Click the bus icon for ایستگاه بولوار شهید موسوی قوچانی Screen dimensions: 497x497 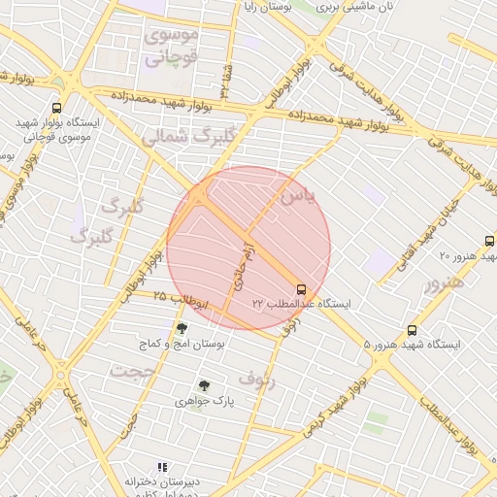tap(56, 109)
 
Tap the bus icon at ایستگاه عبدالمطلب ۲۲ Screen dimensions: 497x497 tap(301, 289)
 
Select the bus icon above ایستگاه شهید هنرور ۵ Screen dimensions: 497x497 tap(413, 330)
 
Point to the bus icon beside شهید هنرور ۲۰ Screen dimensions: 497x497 tap(489, 241)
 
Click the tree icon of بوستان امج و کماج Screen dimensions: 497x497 tap(182, 329)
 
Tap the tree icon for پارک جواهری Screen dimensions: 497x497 tap(203, 385)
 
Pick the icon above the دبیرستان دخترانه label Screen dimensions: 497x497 tap(162, 467)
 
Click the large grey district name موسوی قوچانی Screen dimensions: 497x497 tap(171, 46)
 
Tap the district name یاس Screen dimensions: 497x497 tap(297, 195)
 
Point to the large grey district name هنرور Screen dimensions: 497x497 tap(444, 282)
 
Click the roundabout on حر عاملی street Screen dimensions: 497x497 tap(61, 374)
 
